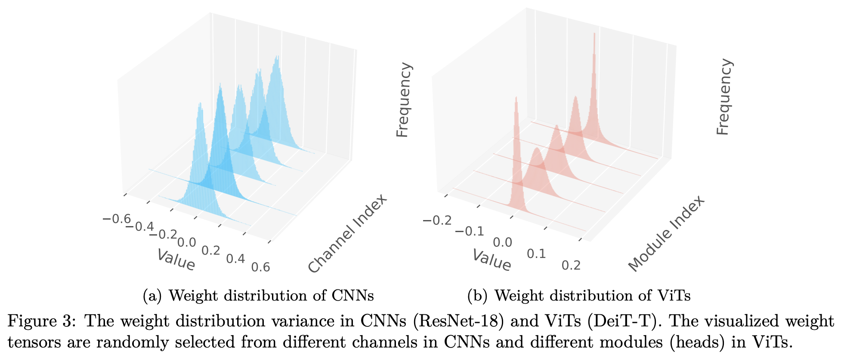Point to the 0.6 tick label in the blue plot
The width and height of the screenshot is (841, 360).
pyautogui.click(x=261, y=267)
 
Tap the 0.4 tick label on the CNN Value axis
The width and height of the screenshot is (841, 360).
pyautogui.click(x=235, y=259)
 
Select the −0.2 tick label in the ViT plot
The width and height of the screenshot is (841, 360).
pyautogui.click(x=437, y=221)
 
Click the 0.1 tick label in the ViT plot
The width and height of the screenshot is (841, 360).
pyautogui.click(x=536, y=254)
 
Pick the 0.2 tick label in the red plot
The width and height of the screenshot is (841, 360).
pyautogui.click(x=571, y=265)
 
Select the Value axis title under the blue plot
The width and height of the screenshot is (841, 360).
pyautogui.click(x=176, y=260)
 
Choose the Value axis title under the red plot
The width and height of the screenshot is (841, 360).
pyautogui.click(x=492, y=260)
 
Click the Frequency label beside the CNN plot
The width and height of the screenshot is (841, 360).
pyautogui.click(x=403, y=100)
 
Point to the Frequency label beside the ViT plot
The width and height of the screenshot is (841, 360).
pyautogui.click(x=724, y=97)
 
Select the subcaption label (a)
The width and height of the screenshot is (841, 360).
pyautogui.click(x=152, y=296)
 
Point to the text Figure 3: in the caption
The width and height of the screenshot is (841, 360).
pyautogui.click(x=43, y=321)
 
